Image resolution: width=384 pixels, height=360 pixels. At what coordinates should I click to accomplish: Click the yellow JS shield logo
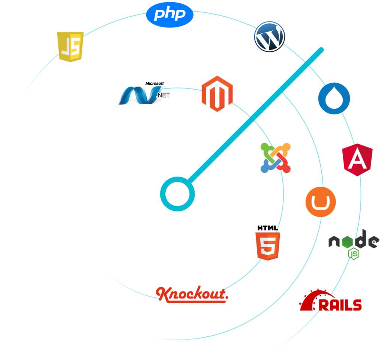point(70,46)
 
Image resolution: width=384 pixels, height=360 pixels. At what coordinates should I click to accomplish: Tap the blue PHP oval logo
point(170,15)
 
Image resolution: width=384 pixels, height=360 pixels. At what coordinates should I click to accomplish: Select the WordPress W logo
point(269,36)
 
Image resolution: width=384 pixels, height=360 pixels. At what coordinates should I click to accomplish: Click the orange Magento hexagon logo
point(217,94)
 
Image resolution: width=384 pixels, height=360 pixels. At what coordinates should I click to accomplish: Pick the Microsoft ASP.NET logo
point(144,94)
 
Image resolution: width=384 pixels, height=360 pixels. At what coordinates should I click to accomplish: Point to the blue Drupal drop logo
point(334,98)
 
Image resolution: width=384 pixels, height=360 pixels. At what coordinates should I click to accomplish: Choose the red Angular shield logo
point(357,160)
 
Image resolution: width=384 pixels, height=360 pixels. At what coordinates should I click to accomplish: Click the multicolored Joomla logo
point(276,158)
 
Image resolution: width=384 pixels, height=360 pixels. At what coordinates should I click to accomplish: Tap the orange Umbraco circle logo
point(320,202)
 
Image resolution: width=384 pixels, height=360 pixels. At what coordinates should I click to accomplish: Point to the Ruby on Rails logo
point(330,300)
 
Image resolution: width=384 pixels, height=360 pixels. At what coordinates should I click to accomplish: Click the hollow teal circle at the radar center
point(177,194)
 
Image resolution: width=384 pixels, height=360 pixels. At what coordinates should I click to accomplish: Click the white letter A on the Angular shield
point(357,160)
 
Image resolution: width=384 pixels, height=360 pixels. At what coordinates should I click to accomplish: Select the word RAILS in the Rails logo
point(340,305)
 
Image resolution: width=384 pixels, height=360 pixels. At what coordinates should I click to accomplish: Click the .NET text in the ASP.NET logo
point(163,95)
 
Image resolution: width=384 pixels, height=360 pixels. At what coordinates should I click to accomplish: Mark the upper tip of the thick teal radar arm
point(321,49)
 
